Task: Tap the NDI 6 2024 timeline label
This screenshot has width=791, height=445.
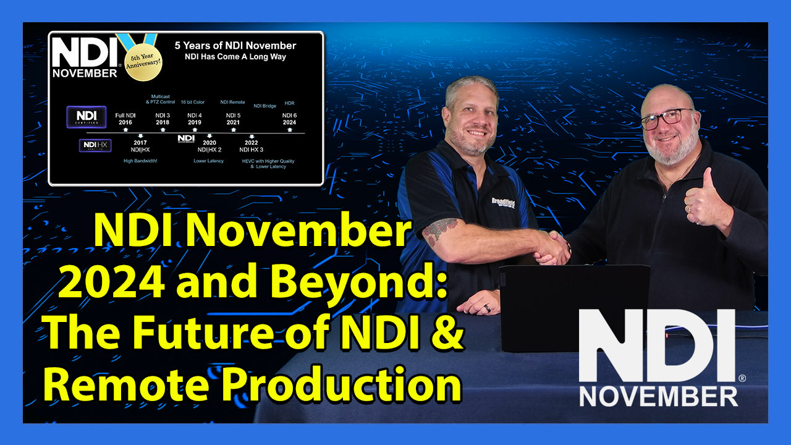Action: tap(289, 119)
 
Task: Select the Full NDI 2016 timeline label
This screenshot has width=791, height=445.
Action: tap(125, 119)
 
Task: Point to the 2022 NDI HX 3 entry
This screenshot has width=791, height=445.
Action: tap(252, 146)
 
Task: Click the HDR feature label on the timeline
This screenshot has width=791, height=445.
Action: tap(289, 103)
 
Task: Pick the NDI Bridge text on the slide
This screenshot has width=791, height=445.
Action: tap(264, 106)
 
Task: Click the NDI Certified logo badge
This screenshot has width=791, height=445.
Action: tap(82, 117)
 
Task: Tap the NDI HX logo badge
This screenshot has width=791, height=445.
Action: tap(95, 146)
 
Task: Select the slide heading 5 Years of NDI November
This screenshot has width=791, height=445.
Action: tap(235, 46)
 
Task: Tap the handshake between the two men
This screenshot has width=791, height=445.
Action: tap(552, 248)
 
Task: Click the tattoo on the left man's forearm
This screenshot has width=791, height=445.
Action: tap(440, 229)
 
